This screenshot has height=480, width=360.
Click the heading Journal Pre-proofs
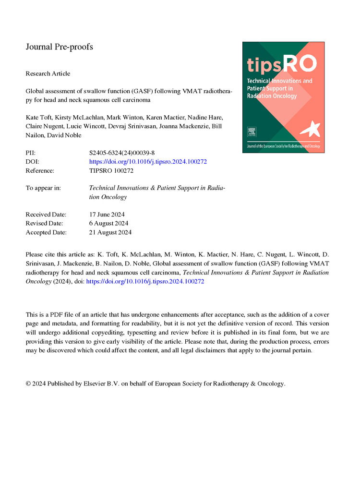pos(59,47)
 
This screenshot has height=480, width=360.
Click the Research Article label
pos(48,73)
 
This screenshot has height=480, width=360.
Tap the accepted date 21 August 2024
pos(110,232)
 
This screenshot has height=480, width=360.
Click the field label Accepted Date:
pos(46,232)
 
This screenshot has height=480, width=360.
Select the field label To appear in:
pos(43,188)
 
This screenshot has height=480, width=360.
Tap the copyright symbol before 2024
pos(28,384)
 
